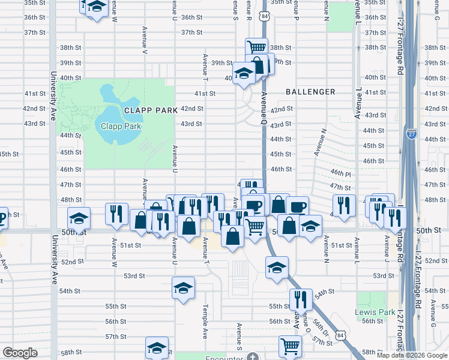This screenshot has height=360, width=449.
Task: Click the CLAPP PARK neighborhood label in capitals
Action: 151,110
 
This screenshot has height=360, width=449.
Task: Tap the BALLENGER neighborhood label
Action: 310,92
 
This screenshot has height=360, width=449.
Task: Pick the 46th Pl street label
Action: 340,173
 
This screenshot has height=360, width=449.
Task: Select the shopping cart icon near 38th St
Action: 257,47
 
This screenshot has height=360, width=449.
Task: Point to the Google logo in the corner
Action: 20,353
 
